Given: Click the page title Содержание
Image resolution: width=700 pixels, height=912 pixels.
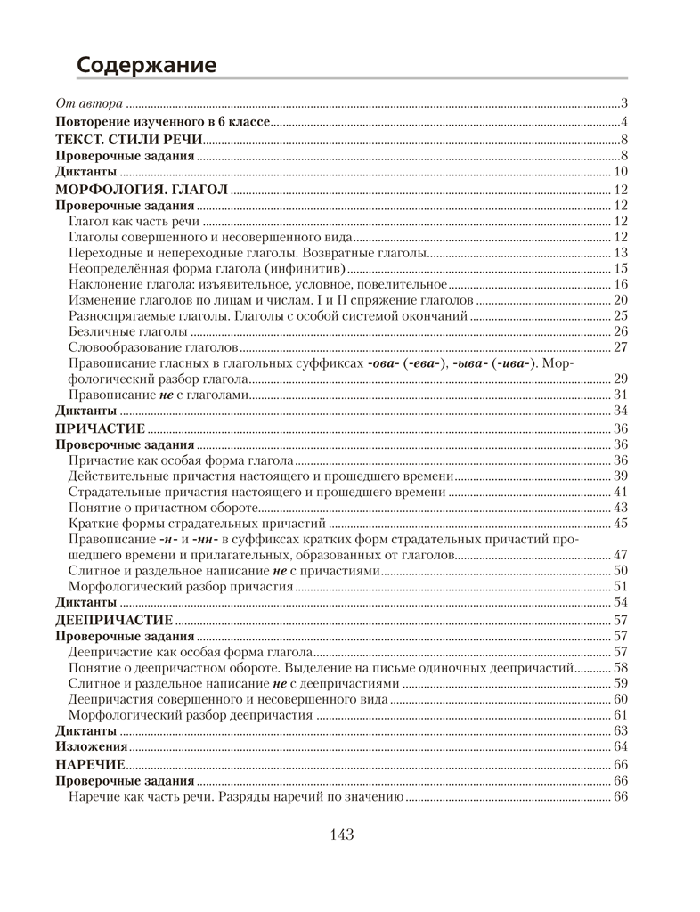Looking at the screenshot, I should (146, 65).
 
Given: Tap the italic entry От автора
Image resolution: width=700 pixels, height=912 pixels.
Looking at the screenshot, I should (89, 104).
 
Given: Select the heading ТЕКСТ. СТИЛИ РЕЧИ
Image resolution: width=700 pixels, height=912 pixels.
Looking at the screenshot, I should (128, 139).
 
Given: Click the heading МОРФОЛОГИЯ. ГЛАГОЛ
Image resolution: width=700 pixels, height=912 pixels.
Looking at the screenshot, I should (142, 189).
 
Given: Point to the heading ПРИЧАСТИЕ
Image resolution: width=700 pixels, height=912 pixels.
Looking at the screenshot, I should (100, 428).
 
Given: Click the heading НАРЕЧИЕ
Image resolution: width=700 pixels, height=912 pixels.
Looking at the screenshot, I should (90, 764).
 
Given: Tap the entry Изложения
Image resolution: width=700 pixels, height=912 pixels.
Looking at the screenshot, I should (91, 746).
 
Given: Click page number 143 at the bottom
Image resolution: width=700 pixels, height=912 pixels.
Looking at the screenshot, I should (342, 835).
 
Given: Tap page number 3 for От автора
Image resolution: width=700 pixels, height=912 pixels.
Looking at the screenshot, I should (626, 104).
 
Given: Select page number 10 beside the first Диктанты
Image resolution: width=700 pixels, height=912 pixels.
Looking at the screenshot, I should (622, 172).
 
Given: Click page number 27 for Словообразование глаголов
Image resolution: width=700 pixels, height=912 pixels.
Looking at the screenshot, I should (622, 346).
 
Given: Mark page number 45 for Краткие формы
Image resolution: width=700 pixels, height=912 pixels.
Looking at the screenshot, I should (622, 523).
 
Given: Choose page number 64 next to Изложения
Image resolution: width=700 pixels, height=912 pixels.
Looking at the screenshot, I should (622, 746).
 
